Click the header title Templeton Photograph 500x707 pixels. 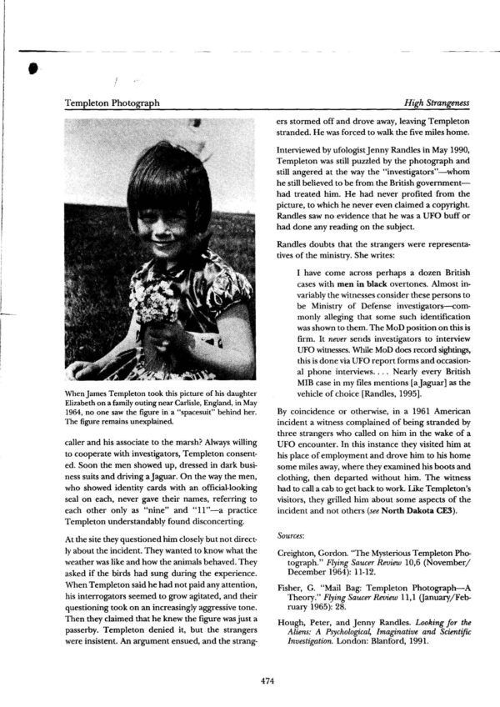point(112,103)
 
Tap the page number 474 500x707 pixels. point(267,681)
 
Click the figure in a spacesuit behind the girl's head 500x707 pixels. point(197,133)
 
